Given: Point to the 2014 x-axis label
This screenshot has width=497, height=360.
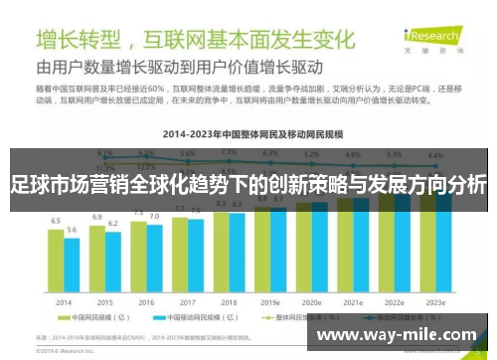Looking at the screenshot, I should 63,302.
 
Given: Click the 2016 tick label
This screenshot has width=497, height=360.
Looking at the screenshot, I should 146,302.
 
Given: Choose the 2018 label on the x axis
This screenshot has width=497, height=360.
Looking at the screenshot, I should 229,302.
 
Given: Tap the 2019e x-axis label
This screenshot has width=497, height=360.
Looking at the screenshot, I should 270,302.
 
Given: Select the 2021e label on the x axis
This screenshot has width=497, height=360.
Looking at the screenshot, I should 353,302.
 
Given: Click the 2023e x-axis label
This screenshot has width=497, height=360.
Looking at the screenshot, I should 435,302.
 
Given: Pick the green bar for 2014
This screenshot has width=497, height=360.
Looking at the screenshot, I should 56,267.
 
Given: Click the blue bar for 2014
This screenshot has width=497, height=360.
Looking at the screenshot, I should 72,271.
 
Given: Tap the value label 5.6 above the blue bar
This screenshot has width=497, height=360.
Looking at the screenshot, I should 72,229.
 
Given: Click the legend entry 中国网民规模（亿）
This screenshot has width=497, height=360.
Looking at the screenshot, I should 100,319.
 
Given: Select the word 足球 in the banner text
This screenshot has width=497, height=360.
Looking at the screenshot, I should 28,185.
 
